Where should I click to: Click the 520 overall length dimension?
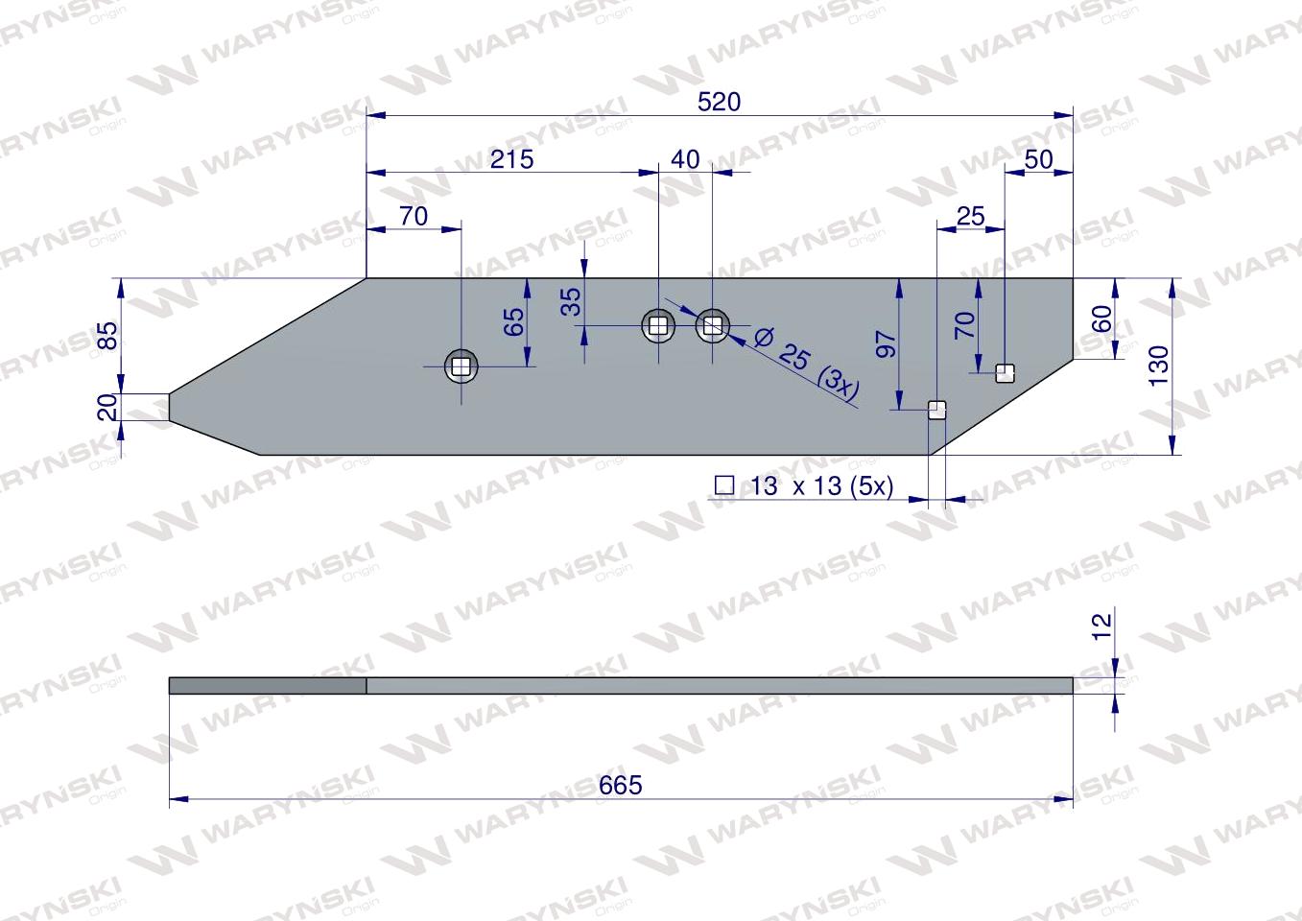click(x=719, y=103)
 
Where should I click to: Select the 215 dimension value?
click(x=511, y=159)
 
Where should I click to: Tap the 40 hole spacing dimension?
click(x=685, y=159)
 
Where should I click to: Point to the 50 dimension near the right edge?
click(x=1038, y=159)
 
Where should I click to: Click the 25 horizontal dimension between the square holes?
click(x=971, y=216)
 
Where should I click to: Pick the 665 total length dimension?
click(x=620, y=785)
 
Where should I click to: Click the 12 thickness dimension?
click(x=1102, y=627)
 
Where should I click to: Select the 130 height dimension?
click(x=1159, y=365)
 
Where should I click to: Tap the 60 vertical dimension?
click(x=1102, y=319)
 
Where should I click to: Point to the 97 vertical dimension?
click(x=886, y=344)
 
